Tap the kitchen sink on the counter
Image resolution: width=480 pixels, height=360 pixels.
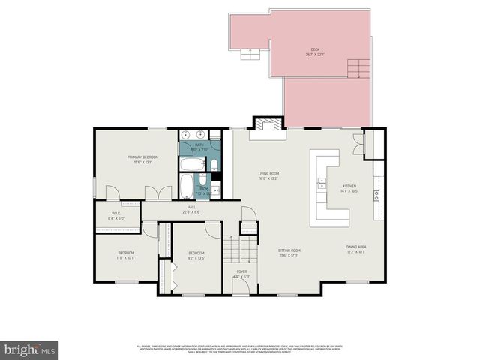(322, 181)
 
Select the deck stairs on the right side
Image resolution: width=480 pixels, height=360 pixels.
(358, 68)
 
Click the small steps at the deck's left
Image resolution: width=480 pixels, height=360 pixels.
(247, 53)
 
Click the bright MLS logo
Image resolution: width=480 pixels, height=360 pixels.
(29, 349)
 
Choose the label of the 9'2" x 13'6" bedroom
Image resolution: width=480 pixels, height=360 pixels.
(196, 255)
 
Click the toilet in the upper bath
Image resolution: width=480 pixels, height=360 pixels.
(213, 164)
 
